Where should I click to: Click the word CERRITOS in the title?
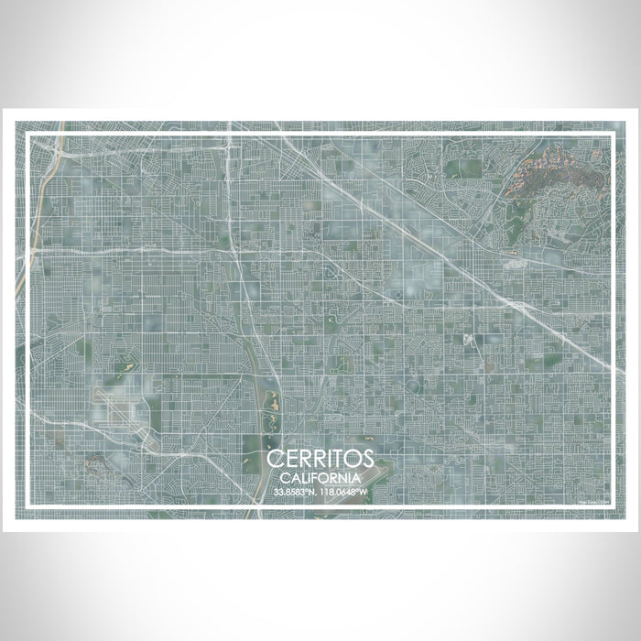[320, 459]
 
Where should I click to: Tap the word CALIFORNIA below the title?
[320, 477]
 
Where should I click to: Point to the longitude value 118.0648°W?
[344, 492]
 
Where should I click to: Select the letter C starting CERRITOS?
[275, 459]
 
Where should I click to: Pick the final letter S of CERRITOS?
[367, 459]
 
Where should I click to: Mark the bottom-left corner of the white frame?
[28, 506]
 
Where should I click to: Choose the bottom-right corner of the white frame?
[613, 506]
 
